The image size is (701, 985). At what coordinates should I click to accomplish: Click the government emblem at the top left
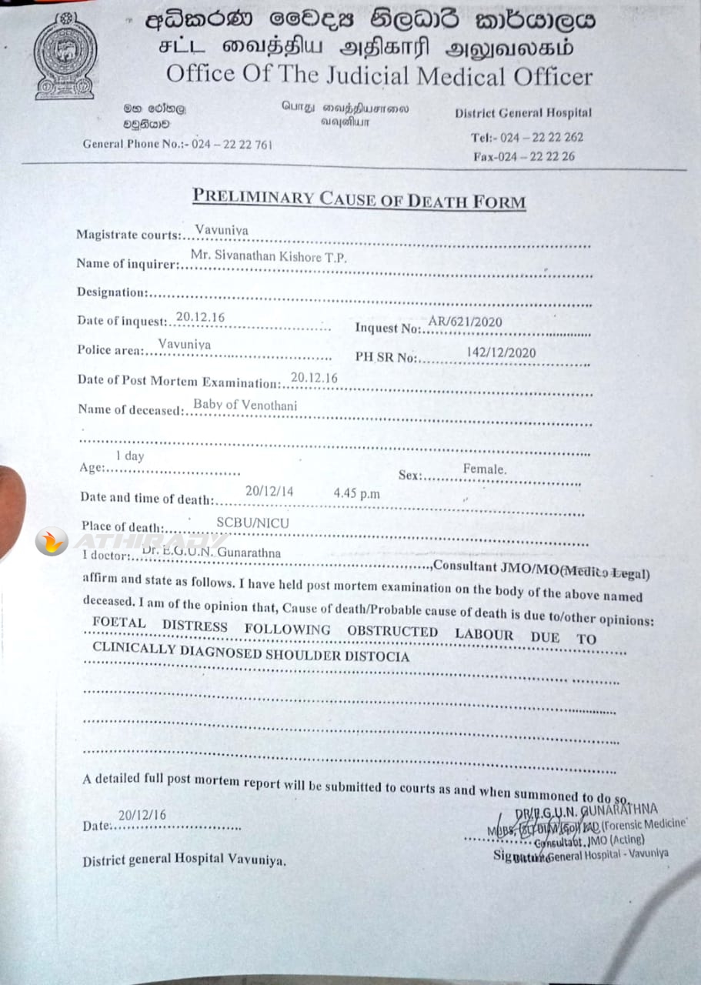pos(65,55)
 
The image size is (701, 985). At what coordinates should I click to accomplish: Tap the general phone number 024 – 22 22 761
pos(232,144)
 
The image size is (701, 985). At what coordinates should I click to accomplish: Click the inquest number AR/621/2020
pos(465,322)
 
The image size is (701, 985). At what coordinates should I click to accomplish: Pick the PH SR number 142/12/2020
pos(501,353)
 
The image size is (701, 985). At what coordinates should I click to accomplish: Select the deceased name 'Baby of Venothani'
pos(245,405)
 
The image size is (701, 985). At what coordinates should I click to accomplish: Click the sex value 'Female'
pos(484,469)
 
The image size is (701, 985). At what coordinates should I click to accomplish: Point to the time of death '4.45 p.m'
pos(357,493)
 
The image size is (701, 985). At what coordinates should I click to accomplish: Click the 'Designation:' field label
pos(112,292)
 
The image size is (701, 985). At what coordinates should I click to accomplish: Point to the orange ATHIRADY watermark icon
pos(52,542)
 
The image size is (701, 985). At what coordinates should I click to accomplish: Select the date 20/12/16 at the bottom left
pos(142,816)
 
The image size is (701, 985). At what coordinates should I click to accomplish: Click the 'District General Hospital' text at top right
pos(523,113)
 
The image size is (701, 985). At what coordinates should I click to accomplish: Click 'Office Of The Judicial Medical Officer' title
pos(379,76)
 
